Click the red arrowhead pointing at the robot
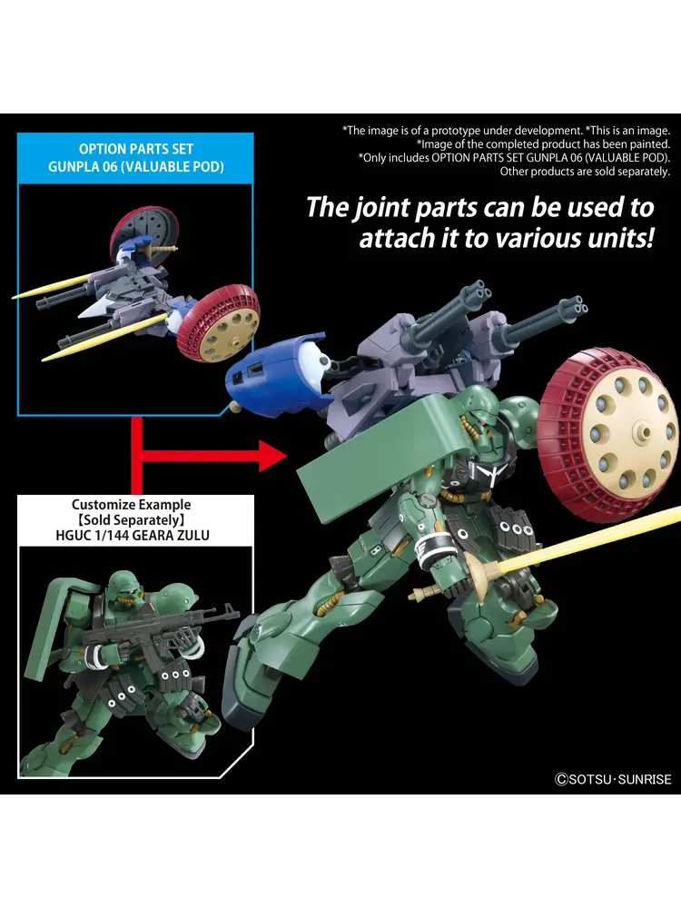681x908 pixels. [271, 456]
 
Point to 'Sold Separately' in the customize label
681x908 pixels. [132, 520]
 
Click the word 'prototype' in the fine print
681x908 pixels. [450, 131]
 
